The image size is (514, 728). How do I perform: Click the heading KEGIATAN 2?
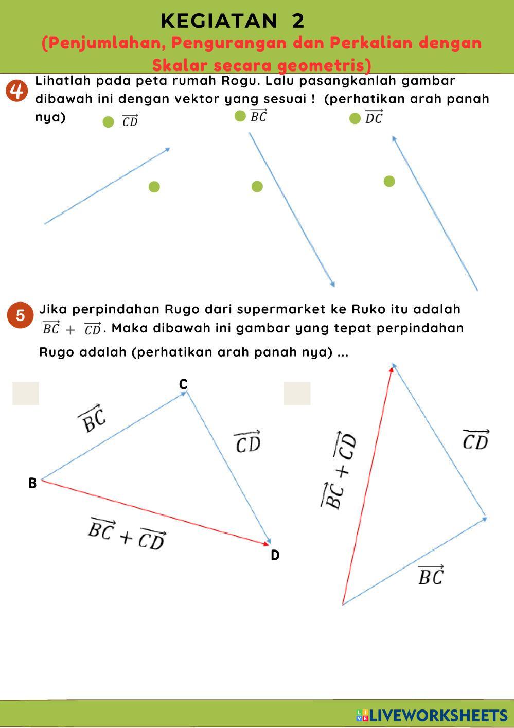point(232,21)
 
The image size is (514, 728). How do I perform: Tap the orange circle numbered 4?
point(16,91)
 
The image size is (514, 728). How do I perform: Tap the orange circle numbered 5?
point(20,315)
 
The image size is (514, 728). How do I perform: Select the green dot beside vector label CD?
point(108,122)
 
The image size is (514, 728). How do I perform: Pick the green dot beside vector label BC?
point(240,116)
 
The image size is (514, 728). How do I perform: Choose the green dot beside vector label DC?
point(355,119)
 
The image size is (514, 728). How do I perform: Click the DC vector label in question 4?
point(374,117)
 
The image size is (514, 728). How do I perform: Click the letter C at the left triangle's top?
point(183,384)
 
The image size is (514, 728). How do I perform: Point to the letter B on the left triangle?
point(32,483)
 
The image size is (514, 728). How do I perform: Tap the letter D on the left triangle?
point(275,555)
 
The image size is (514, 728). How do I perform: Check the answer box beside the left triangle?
point(26,393)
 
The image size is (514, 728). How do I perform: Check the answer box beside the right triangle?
point(297,393)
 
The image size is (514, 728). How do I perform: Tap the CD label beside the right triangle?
point(476,440)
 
